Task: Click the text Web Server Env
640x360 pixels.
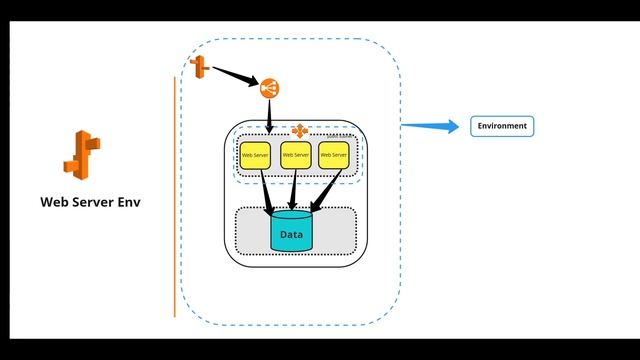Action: coord(90,201)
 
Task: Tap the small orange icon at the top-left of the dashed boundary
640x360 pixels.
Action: coord(198,68)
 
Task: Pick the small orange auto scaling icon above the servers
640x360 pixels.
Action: coord(297,130)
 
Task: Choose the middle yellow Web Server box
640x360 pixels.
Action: coord(295,155)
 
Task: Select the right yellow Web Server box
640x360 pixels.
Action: coord(333,155)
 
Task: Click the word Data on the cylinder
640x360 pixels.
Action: coord(291,235)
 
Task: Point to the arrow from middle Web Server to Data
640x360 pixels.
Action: coord(294,188)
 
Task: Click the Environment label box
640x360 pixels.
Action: coord(503,126)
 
